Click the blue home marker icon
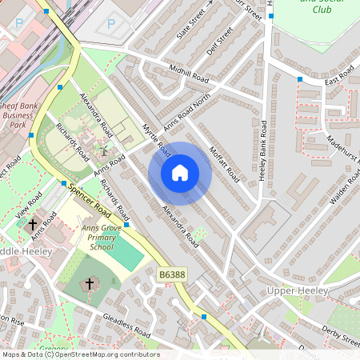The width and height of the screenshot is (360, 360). click(x=180, y=172)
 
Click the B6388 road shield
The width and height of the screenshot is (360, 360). click(x=172, y=274)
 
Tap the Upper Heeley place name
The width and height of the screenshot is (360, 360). click(x=298, y=290)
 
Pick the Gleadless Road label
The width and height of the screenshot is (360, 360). click(x=126, y=326)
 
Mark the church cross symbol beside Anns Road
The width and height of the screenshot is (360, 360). click(x=34, y=225)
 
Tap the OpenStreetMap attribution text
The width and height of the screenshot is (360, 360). click(x=80, y=354)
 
